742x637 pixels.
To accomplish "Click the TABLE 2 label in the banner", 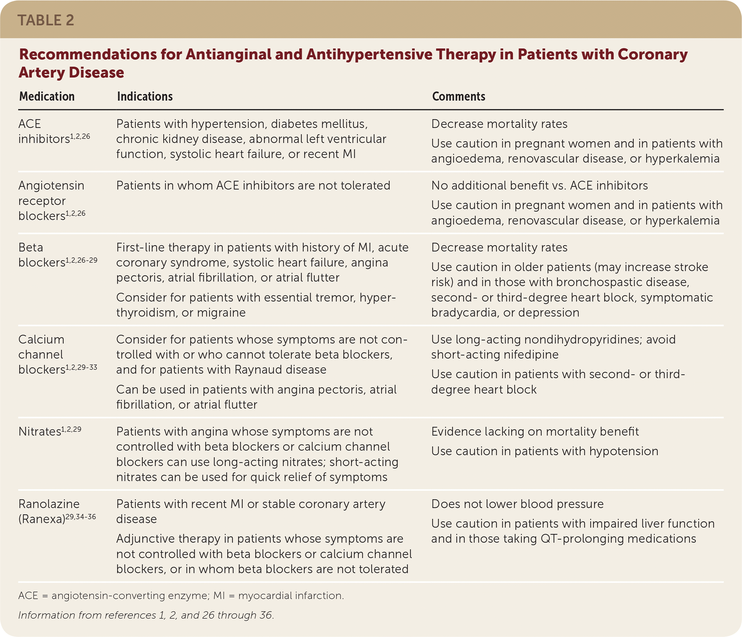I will tap(45, 20).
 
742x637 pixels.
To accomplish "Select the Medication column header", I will tap(47, 97).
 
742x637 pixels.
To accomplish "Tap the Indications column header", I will tap(145, 97).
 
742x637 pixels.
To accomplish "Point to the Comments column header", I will tap(458, 97).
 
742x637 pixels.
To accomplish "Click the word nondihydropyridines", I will tap(573, 339).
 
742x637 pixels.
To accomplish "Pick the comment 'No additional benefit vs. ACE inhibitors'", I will tap(539, 185).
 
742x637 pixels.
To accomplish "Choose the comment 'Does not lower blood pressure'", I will tap(517, 504).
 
